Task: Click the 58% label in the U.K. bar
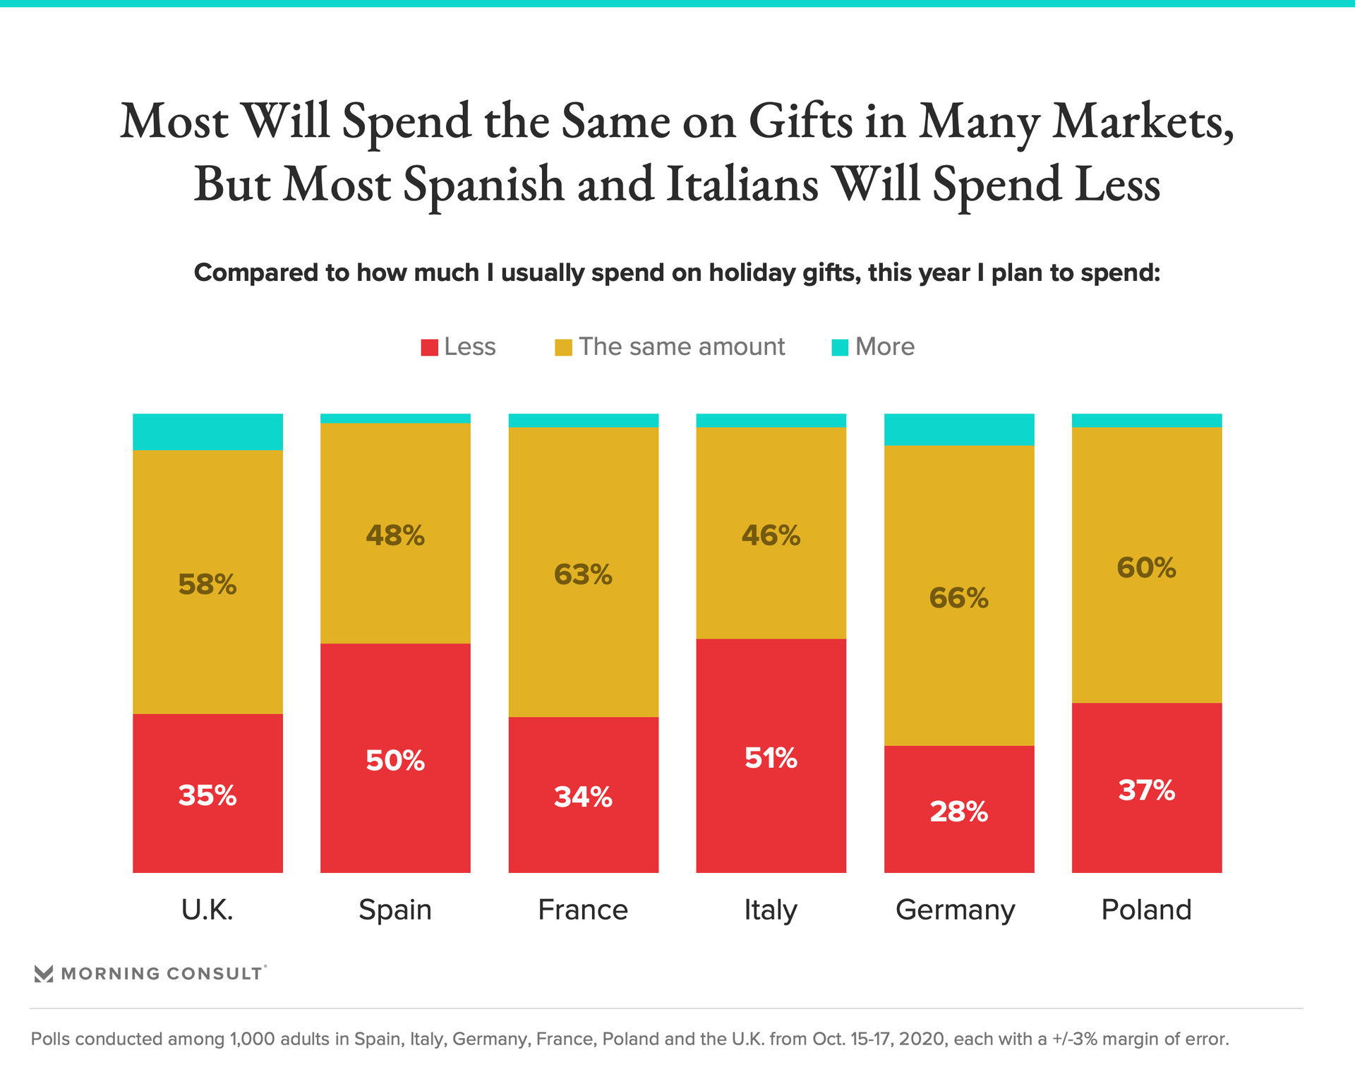[x=207, y=584]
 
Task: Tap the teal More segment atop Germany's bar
[x=959, y=429]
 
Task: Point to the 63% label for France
[x=583, y=574]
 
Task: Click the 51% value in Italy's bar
[x=771, y=758]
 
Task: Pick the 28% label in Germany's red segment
[x=958, y=812]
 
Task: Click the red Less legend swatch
[x=429, y=347]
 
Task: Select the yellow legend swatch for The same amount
[x=563, y=347]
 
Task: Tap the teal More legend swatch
[x=840, y=347]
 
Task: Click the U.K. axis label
[x=207, y=910]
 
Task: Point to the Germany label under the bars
[x=955, y=910]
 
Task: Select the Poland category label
[x=1146, y=910]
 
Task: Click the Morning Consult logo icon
[x=44, y=974]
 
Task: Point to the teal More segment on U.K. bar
[x=207, y=432]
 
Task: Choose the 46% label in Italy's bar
[x=771, y=536]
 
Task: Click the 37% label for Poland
[x=1147, y=790]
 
